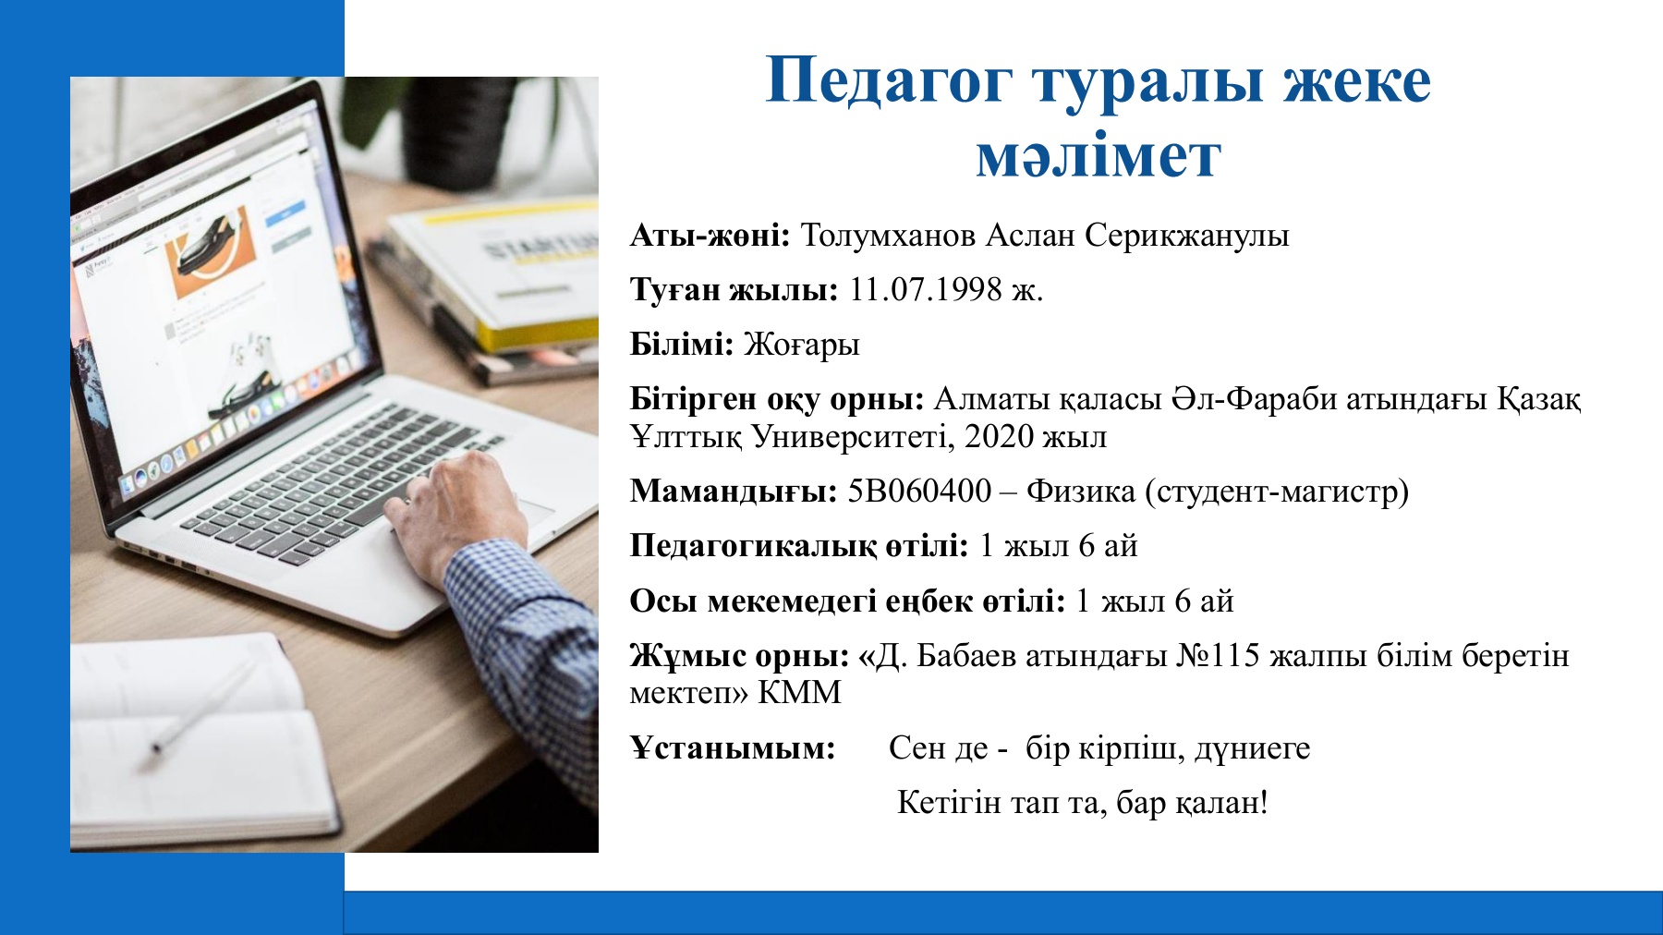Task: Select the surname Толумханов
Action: pyautogui.click(x=888, y=237)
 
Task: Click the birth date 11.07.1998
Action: pyautogui.click(x=925, y=290)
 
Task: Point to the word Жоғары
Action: pyautogui.click(x=801, y=345)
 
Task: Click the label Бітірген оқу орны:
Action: pyautogui.click(x=777, y=399)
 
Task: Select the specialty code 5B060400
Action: pyautogui.click(x=919, y=491)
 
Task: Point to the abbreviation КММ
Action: pyautogui.click(x=799, y=693)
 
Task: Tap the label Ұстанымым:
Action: pyautogui.click(x=733, y=747)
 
